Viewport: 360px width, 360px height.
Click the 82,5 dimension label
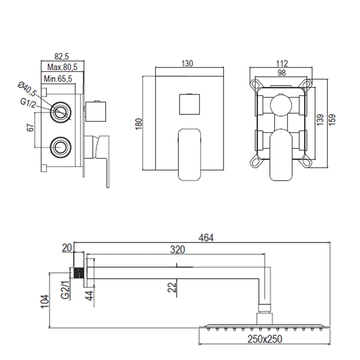(x=62, y=56)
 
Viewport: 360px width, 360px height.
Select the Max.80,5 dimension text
(x=62, y=67)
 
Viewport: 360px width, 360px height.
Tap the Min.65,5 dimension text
(x=58, y=79)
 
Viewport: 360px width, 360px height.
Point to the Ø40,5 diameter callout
(x=27, y=89)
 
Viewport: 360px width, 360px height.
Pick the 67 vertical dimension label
(x=30, y=127)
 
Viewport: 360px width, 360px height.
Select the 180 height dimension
(x=139, y=124)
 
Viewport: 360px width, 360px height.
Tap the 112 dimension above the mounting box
(x=282, y=64)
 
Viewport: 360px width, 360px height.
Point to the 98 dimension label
(x=282, y=73)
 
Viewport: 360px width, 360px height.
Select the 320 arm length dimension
(x=177, y=250)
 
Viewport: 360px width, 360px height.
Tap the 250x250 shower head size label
(x=265, y=339)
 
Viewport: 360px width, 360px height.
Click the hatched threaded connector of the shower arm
(x=79, y=273)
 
